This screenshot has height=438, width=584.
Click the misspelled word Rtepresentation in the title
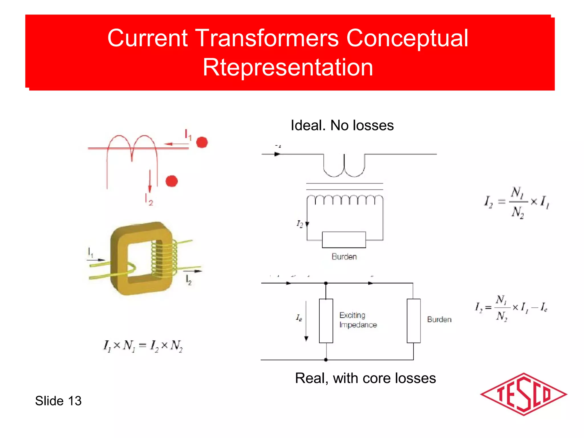click(288, 67)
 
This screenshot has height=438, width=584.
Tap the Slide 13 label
click(58, 401)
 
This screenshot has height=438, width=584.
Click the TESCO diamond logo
click(523, 394)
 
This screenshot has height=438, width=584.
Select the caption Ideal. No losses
click(342, 125)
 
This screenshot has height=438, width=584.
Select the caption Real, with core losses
click(365, 378)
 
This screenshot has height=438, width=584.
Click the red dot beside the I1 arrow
click(202, 142)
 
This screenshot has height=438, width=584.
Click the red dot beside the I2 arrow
click(172, 181)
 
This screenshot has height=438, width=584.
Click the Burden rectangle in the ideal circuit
click(344, 240)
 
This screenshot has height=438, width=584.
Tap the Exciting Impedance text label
click(358, 320)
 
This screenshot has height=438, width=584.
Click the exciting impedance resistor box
click(326, 321)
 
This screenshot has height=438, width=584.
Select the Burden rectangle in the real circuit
click(413, 321)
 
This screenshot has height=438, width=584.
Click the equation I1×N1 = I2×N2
click(143, 346)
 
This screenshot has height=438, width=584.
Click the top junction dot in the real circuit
click(326, 283)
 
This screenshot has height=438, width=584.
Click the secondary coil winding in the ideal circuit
click(345, 200)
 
